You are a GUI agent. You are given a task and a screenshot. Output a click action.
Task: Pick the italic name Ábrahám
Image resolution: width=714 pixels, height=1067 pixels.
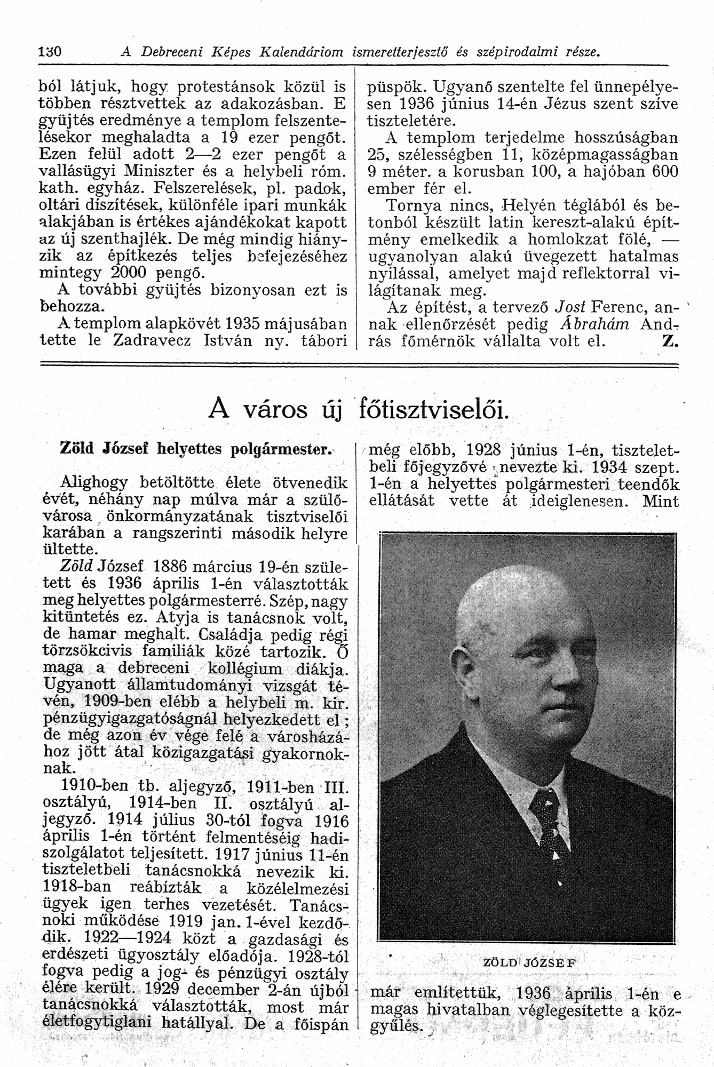[601, 324]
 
